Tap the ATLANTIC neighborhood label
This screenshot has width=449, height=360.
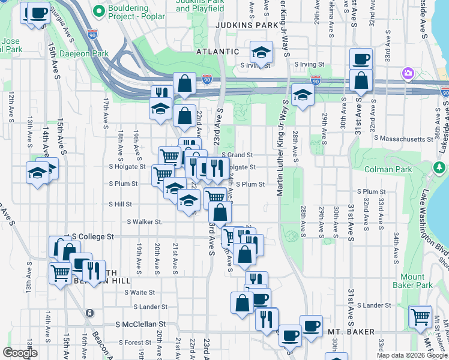point(218,52)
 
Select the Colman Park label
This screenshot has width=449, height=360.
point(384,169)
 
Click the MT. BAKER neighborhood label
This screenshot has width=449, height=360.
point(351,332)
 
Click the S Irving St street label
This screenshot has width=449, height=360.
point(308,64)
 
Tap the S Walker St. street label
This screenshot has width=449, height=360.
point(145,221)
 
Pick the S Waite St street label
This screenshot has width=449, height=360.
point(139,292)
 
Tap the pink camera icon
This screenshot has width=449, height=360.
point(408,73)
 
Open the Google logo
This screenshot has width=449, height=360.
point(20,353)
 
